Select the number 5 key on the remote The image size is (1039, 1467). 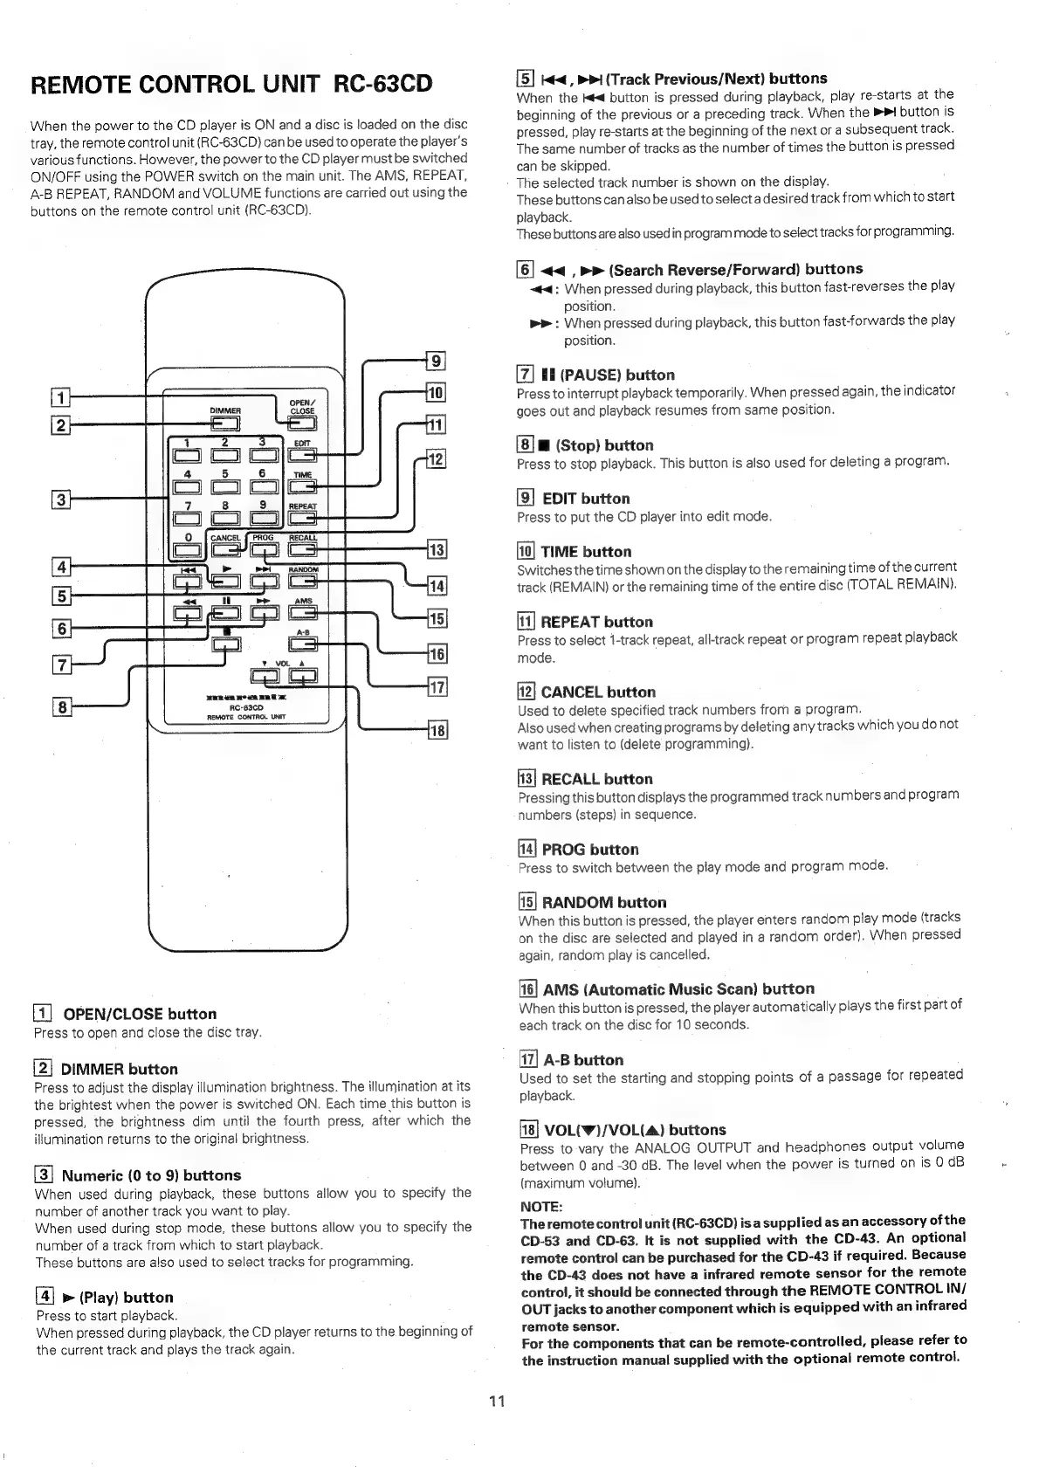pos(224,486)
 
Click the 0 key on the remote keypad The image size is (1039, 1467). pos(187,549)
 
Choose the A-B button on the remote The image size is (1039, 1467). pos(302,644)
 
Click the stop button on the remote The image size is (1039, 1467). pos(225,644)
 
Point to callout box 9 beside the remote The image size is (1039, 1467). pos(435,360)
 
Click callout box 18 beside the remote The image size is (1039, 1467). pos(435,730)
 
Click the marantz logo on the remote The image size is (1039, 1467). pos(245,698)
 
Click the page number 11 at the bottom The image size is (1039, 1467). pos(497,1402)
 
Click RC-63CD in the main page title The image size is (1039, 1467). pos(383,85)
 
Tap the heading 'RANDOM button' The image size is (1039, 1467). pos(603,902)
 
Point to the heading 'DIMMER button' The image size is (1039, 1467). pos(119,1069)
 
